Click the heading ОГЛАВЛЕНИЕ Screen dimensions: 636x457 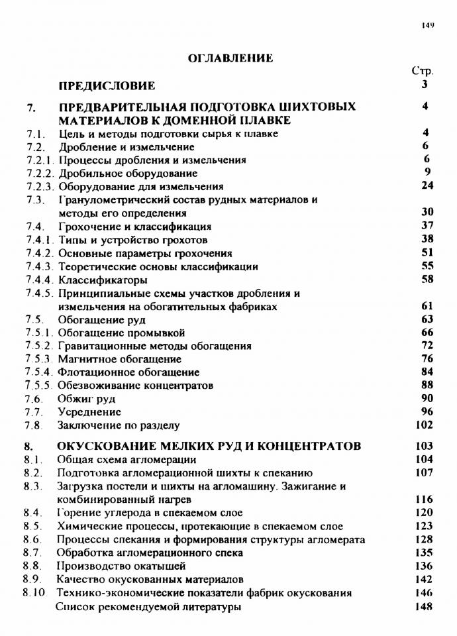(230, 59)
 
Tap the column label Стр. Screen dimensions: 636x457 (423, 71)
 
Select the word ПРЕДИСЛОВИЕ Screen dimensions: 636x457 (107, 85)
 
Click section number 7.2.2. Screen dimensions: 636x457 (40, 173)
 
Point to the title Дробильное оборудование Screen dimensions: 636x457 (119, 173)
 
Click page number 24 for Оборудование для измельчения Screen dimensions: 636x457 (427, 185)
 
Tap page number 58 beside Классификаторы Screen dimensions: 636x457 (427, 279)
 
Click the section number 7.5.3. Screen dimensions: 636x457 (40, 359)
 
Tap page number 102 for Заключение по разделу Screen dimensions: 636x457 (424, 425)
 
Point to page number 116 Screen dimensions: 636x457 (424, 499)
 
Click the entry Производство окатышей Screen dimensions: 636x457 (121, 566)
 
